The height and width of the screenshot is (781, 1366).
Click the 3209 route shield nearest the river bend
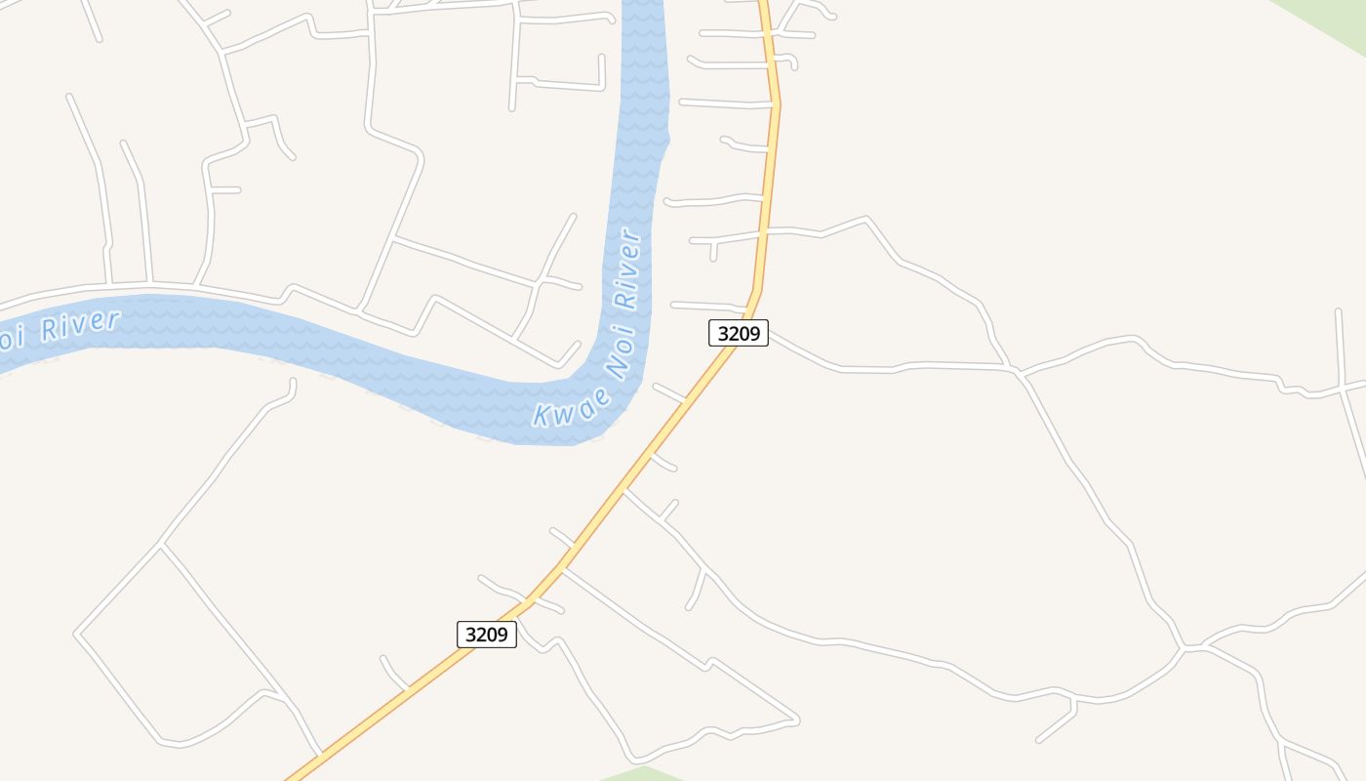[x=739, y=333]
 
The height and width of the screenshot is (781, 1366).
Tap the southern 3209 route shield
[x=487, y=635]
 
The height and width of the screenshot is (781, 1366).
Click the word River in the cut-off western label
[x=81, y=325]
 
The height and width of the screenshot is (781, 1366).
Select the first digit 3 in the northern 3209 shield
[x=723, y=333]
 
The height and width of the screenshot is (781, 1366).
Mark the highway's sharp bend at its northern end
[x=777, y=102]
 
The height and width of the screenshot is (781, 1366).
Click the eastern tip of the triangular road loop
[x=797, y=720]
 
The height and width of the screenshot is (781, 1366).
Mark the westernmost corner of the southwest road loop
[x=76, y=634]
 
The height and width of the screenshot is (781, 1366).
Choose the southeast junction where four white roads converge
[x=1184, y=647]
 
